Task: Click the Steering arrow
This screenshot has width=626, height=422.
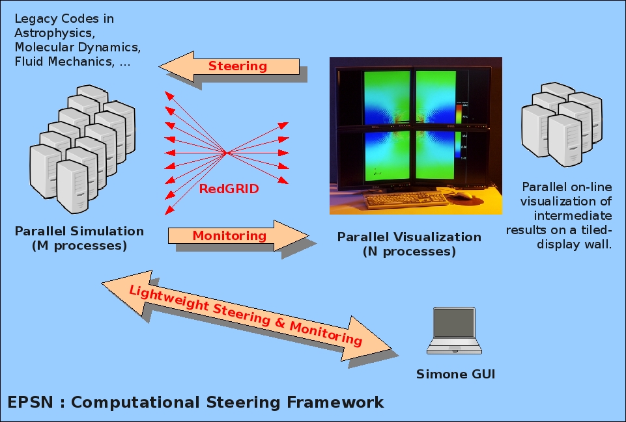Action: pos(229,66)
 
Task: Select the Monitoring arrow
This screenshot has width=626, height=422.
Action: pos(238,235)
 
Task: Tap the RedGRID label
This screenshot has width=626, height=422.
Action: pos(229,189)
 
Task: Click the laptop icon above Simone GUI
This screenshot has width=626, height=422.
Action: pos(454,330)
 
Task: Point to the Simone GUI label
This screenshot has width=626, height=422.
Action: pos(455,374)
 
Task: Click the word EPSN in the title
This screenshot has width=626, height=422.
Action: pos(30,402)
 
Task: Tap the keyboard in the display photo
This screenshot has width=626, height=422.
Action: pos(406,199)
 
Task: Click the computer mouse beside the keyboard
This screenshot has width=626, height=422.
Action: pos(463,195)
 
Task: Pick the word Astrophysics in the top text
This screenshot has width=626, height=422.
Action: pos(54,33)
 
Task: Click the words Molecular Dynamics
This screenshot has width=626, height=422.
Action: pos(78,47)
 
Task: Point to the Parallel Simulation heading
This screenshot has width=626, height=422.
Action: pos(79,231)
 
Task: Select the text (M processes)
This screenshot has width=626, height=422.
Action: pos(79,246)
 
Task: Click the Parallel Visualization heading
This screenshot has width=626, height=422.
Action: pos(409,237)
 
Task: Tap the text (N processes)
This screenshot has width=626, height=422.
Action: pos(409,252)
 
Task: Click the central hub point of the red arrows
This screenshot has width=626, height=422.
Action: pos(227,153)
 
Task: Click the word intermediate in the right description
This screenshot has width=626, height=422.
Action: pos(573,216)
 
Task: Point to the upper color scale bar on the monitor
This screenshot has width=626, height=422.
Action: pos(459,112)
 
